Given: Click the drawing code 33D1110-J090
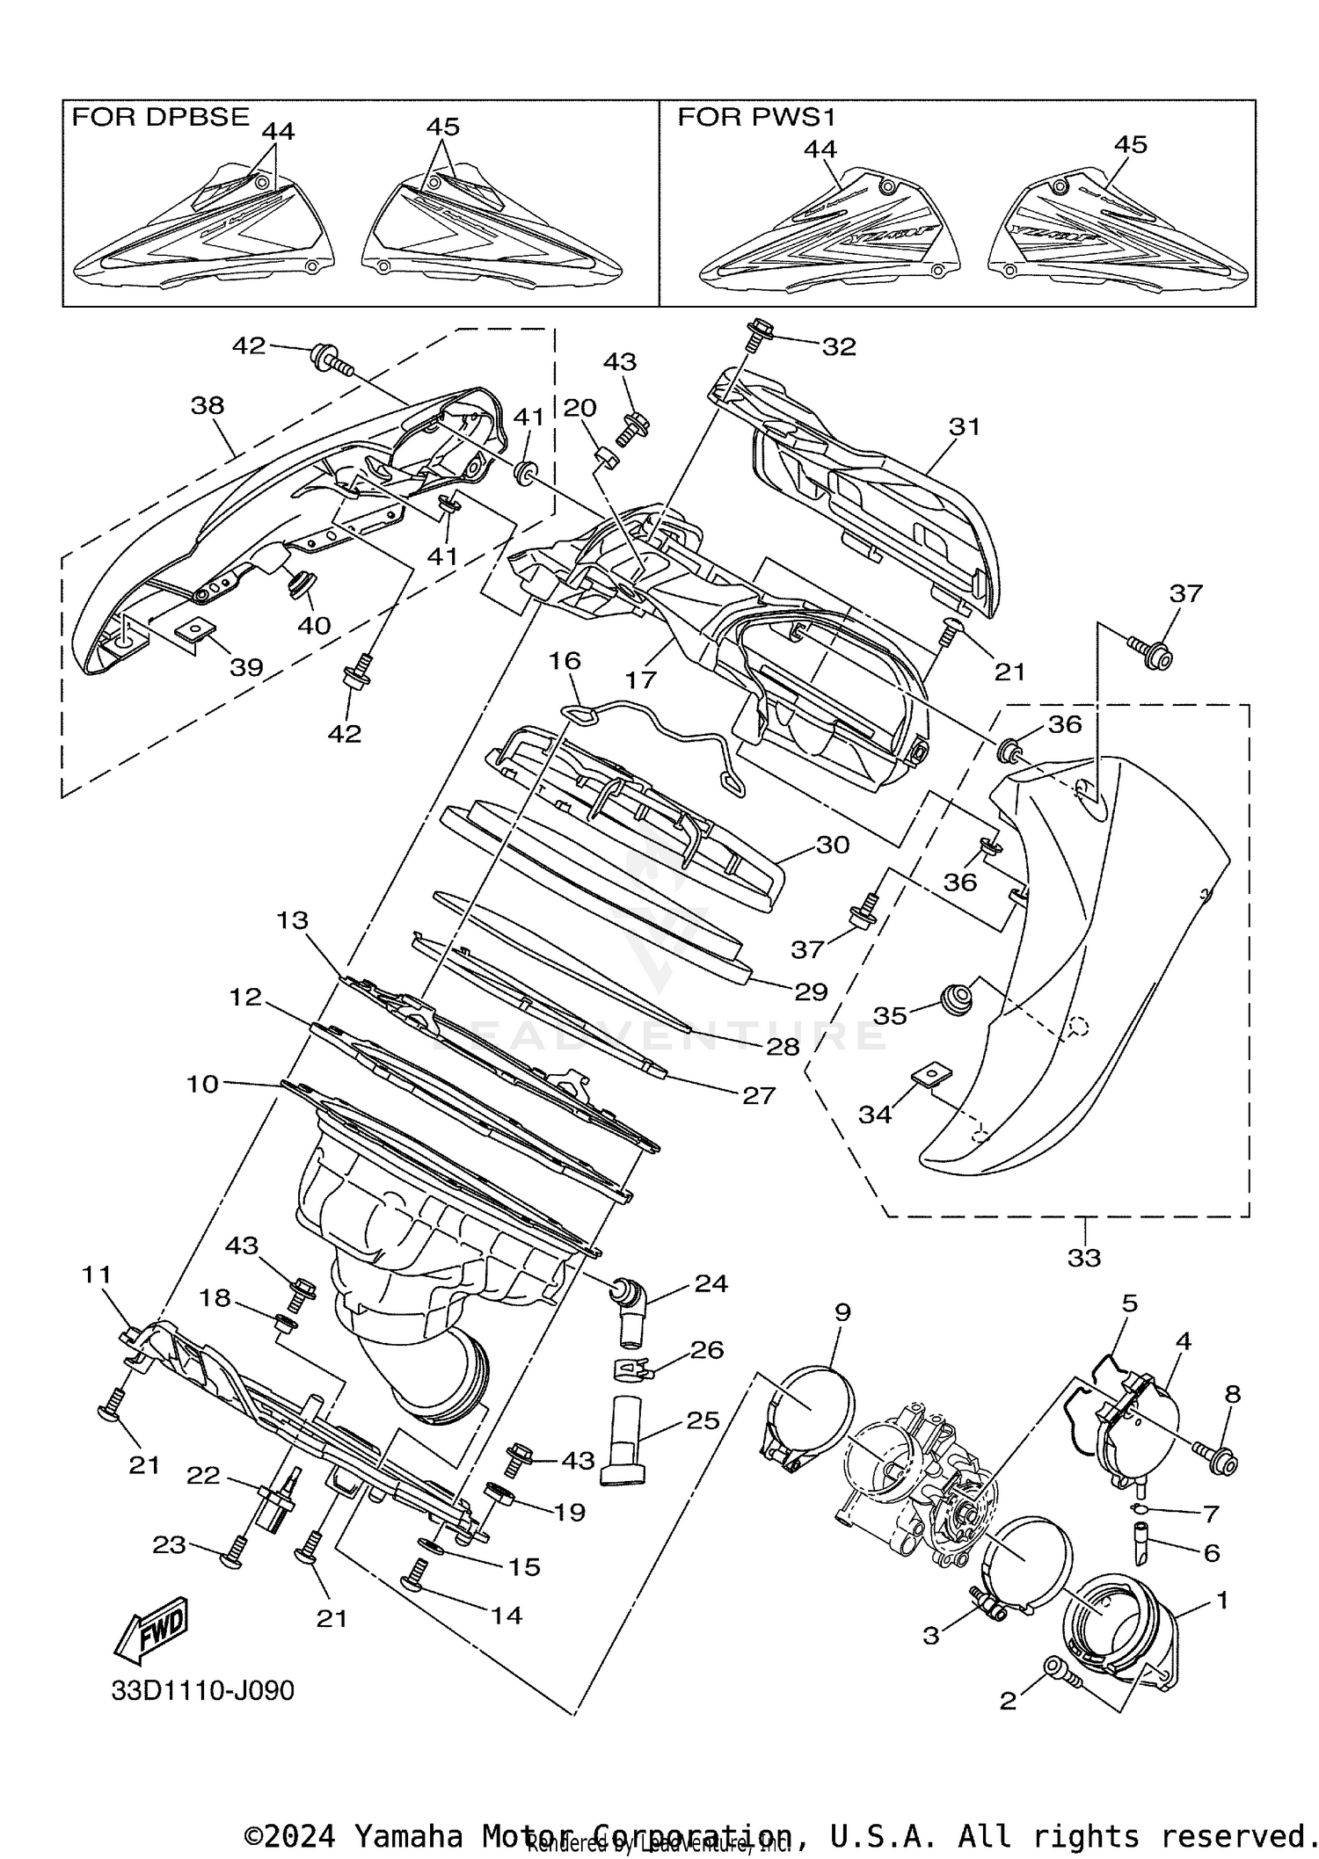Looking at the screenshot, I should [x=202, y=1690].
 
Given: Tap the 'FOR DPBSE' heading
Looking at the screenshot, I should [x=160, y=117].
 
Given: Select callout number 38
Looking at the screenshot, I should [x=208, y=405].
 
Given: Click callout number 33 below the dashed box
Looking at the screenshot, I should [x=1083, y=1258].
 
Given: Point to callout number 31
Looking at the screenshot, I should [x=964, y=426].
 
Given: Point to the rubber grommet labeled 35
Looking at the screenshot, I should [x=957, y=999].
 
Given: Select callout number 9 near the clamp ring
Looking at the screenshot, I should [x=842, y=1312].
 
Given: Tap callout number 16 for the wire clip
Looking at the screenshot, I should [x=565, y=660].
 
